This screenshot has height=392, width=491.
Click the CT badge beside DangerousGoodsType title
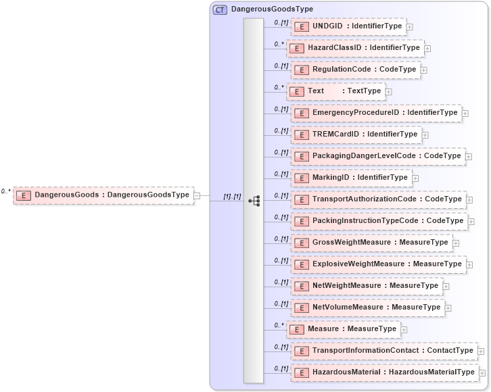[x=220, y=9]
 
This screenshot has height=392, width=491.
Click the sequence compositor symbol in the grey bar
[x=254, y=201]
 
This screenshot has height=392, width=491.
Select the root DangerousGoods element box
[x=103, y=195]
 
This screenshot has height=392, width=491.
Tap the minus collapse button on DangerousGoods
[x=197, y=196]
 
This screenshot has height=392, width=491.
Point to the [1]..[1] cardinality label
[x=232, y=196]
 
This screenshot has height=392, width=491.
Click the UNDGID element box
[x=348, y=26]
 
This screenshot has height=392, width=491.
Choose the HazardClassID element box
[x=356, y=48]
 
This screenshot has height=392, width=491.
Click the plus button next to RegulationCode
[x=423, y=70]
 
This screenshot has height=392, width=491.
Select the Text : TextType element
[x=335, y=91]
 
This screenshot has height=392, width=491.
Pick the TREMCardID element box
[x=356, y=134]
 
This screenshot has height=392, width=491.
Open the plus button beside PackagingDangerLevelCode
[x=469, y=156]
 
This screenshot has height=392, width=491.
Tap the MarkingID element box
[x=352, y=178]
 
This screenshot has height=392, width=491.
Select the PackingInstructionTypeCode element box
[x=379, y=221]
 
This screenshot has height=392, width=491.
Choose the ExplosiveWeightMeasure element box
[x=379, y=264]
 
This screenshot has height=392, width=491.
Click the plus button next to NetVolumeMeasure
[x=448, y=308]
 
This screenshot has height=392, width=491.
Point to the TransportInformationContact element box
[x=384, y=351]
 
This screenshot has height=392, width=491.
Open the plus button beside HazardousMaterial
[x=482, y=372]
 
